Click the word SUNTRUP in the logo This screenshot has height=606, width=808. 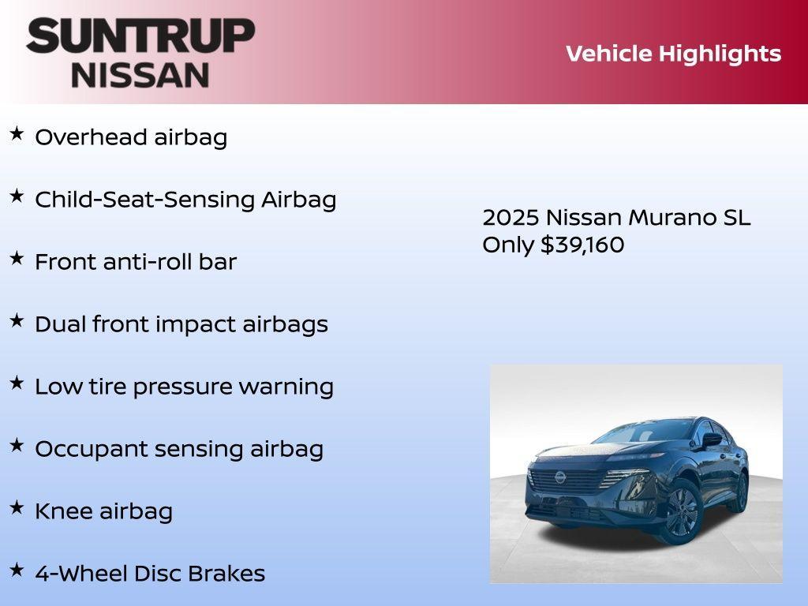[140, 36]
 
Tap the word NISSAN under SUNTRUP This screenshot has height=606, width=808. [140, 74]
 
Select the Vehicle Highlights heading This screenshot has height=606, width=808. [673, 54]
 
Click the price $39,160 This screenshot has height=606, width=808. [582, 245]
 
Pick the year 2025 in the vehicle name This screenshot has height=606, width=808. [511, 218]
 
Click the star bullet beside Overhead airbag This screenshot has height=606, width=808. [17, 134]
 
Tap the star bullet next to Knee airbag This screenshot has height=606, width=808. [17, 508]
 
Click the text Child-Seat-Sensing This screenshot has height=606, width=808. [145, 200]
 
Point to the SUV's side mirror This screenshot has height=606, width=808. [712, 440]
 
